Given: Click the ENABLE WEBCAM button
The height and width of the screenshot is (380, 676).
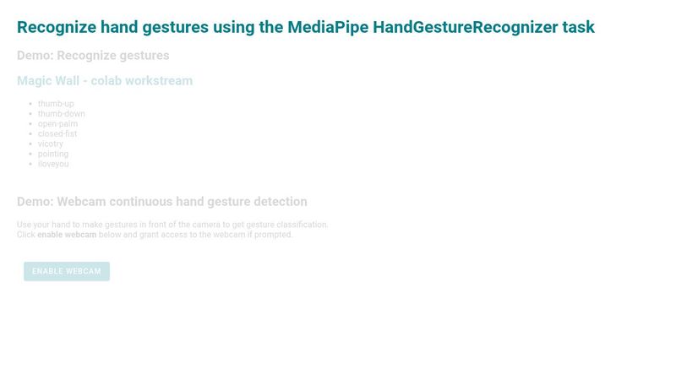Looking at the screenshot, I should pos(67,271).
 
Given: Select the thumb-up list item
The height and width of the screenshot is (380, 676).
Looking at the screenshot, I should pos(56,104).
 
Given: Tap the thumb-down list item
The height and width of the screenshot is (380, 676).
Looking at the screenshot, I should pos(61,114).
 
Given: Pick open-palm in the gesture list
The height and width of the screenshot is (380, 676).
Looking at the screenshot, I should pos(57,124).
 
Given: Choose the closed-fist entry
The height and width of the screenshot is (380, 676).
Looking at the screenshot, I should pos(57,134).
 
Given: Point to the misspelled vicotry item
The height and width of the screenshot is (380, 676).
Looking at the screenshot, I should pos(51,144).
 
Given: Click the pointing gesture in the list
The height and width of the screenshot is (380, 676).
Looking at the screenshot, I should pos(53,155).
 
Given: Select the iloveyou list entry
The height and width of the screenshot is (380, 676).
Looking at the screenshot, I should pos(53,165).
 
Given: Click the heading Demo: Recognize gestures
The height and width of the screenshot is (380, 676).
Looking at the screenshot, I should pos(93,56).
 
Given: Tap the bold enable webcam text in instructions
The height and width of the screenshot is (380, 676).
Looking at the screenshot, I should pos(67,235).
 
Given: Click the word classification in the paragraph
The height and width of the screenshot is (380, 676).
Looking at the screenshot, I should pos(298,225).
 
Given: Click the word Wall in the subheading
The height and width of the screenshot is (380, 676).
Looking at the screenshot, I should pos(67,81).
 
